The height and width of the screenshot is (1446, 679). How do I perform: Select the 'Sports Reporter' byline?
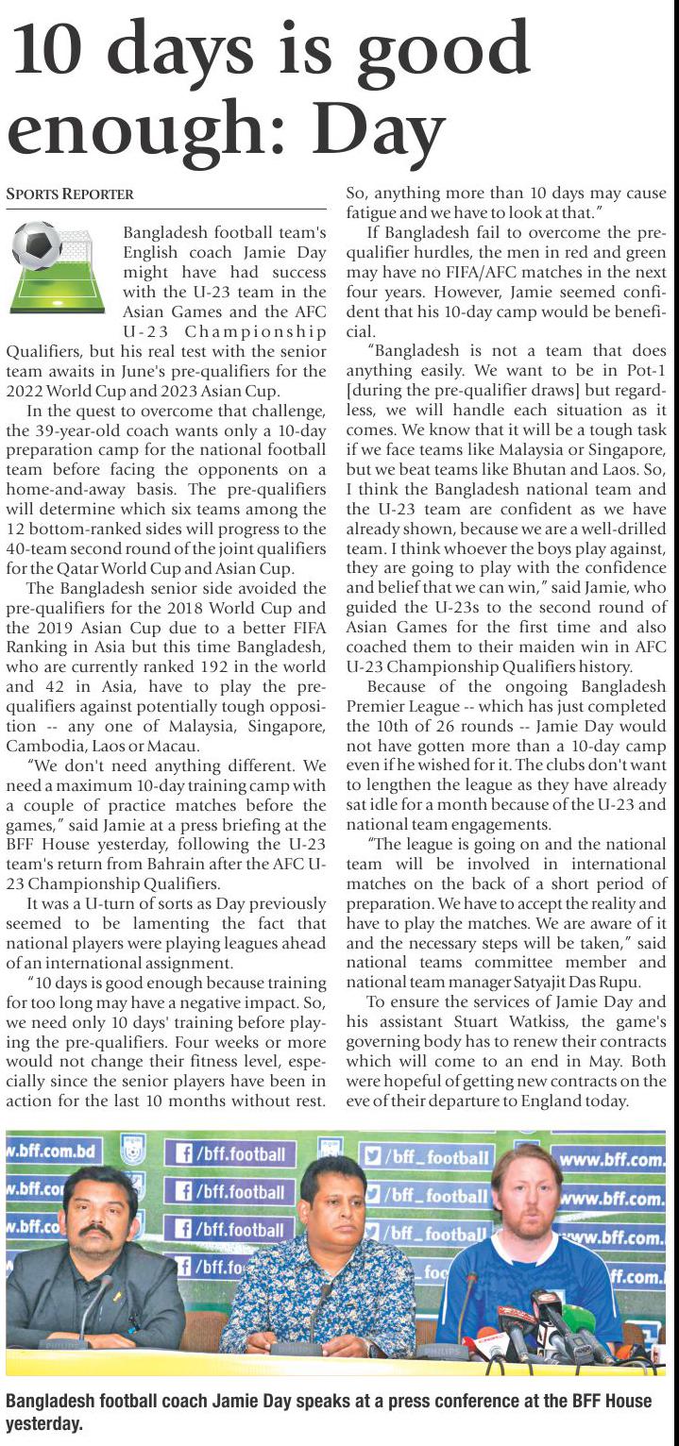point(70,194)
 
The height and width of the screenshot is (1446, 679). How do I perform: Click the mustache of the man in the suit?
point(94,1233)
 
